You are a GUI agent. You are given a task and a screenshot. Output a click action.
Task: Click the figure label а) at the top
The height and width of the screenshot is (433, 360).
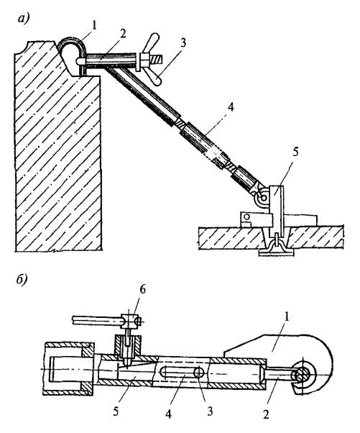point(24,19)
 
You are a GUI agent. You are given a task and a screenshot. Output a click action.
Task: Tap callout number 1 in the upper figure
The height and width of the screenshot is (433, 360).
point(94,25)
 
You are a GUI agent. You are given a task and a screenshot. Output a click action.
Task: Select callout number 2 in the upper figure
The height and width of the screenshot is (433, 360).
point(122,34)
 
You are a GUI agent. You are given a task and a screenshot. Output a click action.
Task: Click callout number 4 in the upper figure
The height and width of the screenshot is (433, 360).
point(231,106)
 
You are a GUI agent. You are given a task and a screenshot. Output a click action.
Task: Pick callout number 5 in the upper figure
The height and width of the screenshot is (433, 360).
point(295,152)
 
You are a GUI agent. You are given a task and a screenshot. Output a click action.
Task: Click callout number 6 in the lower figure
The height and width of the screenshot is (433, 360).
point(142,290)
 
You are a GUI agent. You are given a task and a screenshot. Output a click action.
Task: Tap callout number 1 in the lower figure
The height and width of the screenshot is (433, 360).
point(287,317)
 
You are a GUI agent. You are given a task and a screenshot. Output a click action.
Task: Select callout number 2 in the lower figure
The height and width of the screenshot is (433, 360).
point(266,414)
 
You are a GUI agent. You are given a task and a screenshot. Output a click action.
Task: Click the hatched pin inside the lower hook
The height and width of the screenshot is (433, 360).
point(303,375)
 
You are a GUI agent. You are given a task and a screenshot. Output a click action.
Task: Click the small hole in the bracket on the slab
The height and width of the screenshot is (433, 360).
point(247,216)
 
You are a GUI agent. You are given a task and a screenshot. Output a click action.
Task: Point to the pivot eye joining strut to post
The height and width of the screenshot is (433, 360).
point(262,197)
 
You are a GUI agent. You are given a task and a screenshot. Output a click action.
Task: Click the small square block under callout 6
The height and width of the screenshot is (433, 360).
point(130,321)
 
